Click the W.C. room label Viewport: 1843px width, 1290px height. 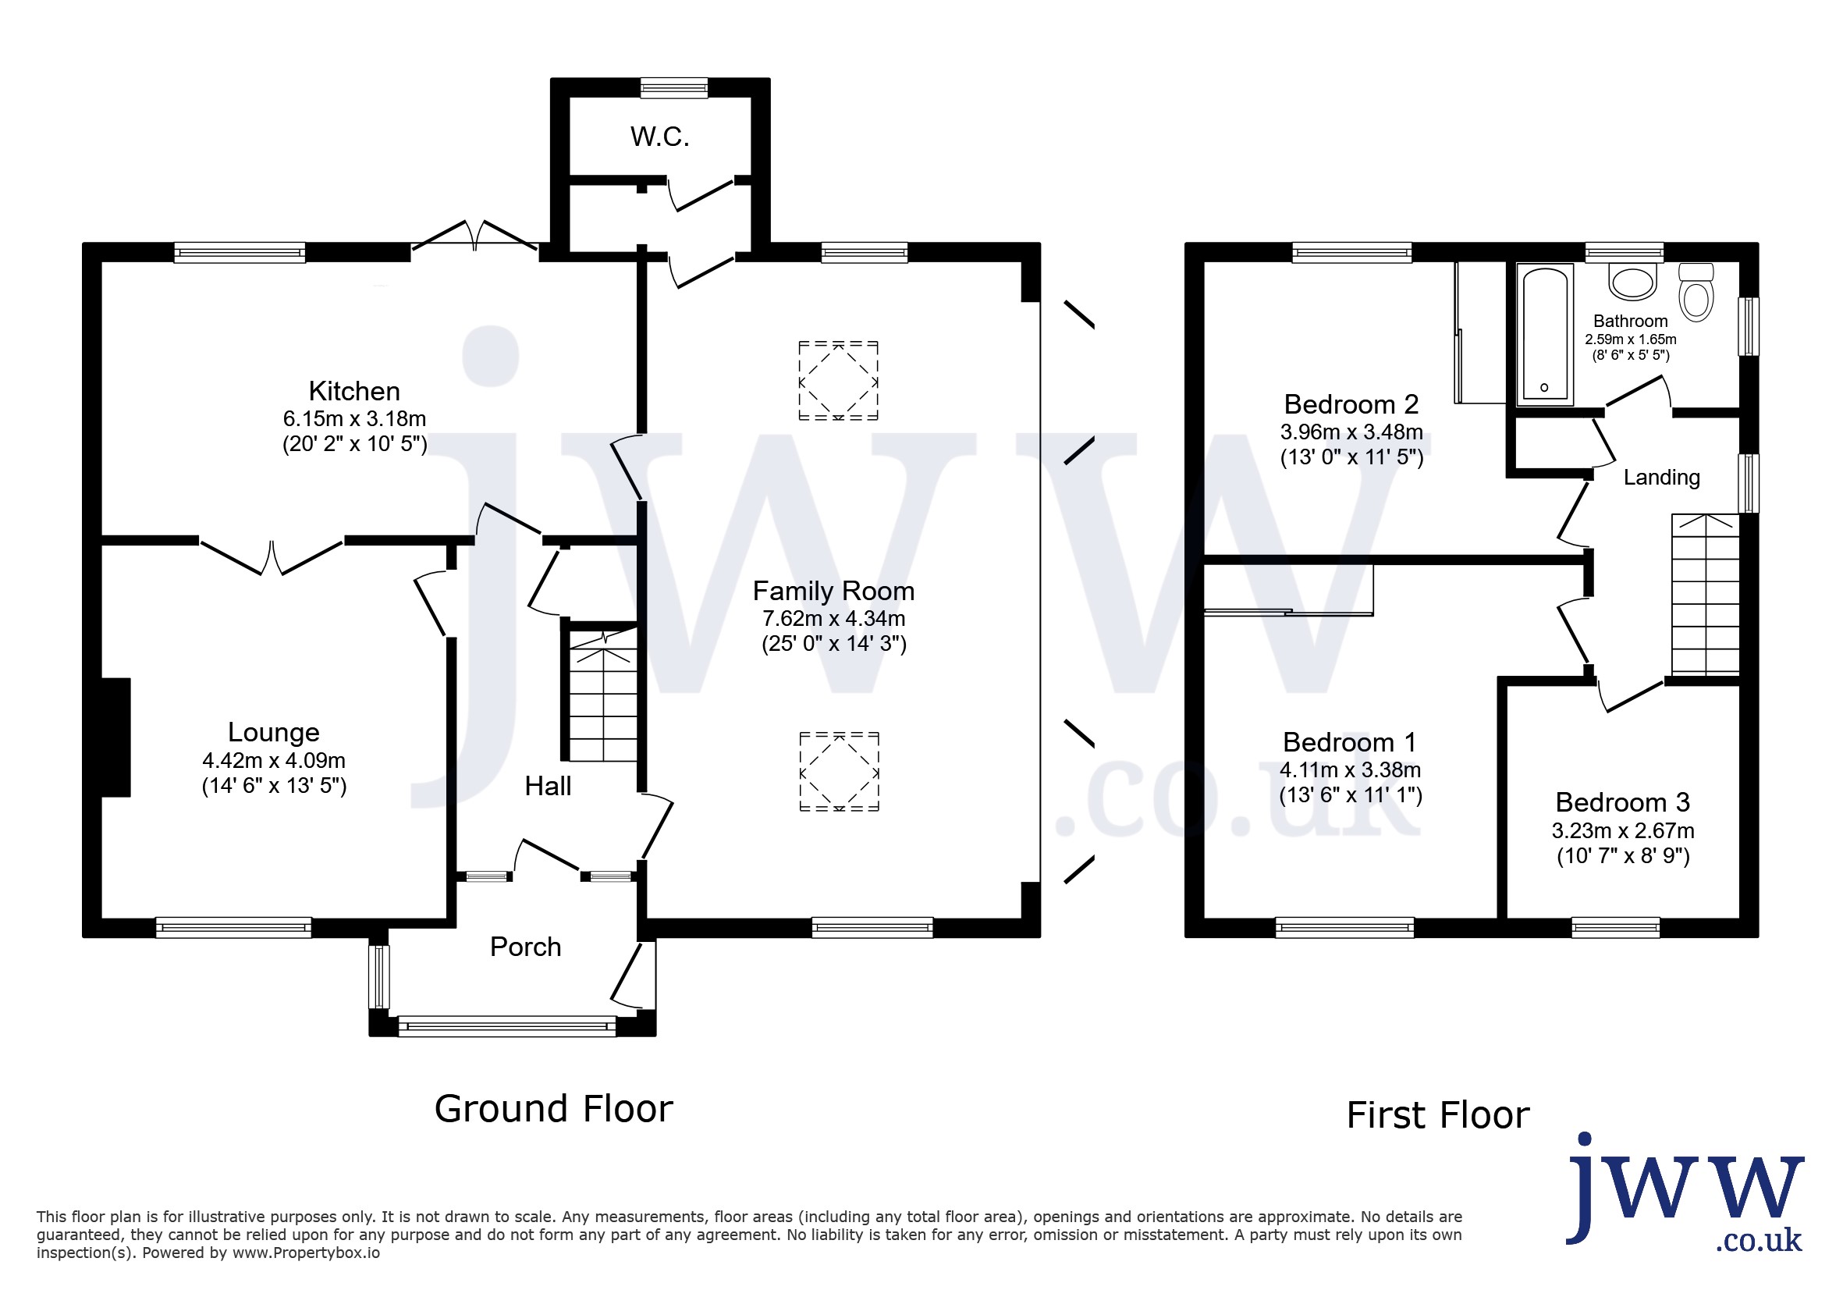660,137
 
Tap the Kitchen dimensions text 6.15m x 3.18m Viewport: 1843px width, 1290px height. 354,418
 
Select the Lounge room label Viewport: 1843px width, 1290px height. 274,732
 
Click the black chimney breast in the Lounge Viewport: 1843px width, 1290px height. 115,737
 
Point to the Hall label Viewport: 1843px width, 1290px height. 549,786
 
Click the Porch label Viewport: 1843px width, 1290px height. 526,947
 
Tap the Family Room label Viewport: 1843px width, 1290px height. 834,591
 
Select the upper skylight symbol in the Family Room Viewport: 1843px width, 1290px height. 838,381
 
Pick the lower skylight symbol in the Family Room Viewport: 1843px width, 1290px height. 839,772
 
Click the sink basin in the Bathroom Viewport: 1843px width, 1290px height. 1632,282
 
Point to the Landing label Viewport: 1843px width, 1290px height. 1662,478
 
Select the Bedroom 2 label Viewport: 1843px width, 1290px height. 1351,403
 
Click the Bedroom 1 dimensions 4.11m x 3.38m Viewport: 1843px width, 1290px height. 1350,769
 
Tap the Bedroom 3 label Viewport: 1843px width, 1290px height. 1622,802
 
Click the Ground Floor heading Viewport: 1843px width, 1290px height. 554,1109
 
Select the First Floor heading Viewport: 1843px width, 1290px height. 1439,1115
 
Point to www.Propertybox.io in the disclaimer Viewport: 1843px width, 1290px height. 306,1253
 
